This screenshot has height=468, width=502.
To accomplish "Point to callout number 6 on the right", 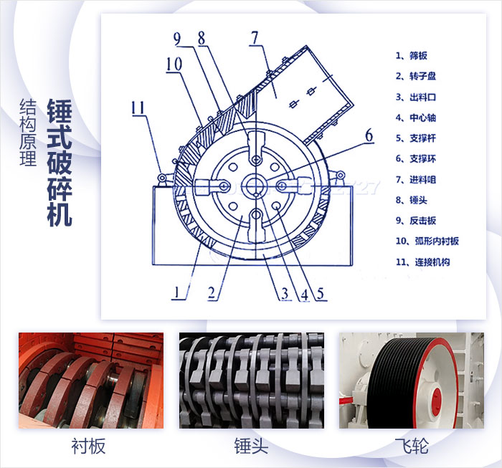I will pos(369,135).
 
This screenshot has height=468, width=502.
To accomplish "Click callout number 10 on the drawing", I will pos(174,65).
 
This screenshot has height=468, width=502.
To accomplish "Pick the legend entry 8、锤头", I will pos(412,201).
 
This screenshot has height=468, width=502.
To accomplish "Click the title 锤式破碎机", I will pos(60,162).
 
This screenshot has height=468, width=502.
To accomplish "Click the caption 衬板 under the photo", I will pos(89,446).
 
